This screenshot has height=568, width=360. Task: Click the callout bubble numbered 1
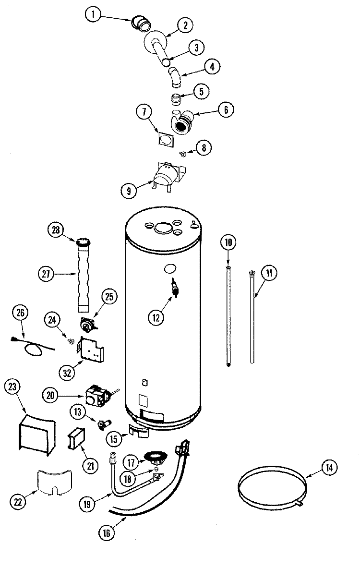tap(94, 15)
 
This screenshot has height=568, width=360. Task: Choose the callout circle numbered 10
tap(229, 242)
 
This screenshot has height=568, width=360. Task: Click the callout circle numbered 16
tap(107, 532)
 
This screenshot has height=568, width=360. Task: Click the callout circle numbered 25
tap(109, 297)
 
